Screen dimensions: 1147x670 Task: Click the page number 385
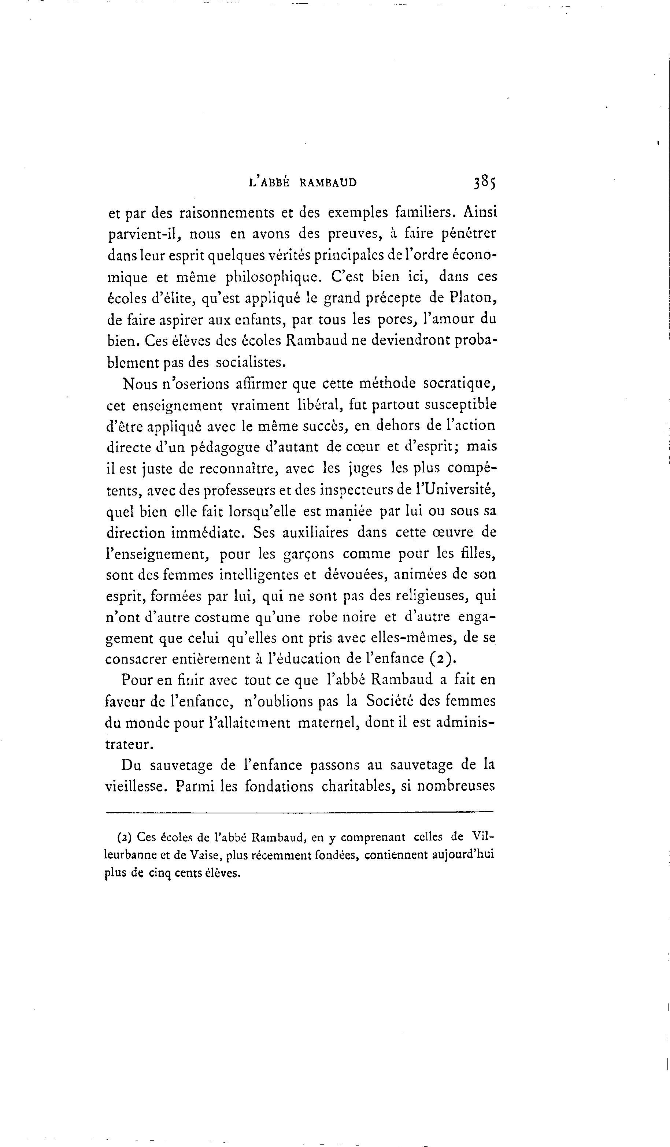point(484,182)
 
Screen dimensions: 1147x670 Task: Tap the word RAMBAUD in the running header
point(328,183)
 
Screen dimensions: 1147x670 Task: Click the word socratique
point(459,384)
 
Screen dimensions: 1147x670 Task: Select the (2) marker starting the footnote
point(124,836)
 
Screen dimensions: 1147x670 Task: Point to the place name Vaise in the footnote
point(204,855)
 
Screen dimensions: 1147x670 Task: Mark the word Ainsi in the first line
point(480,212)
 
